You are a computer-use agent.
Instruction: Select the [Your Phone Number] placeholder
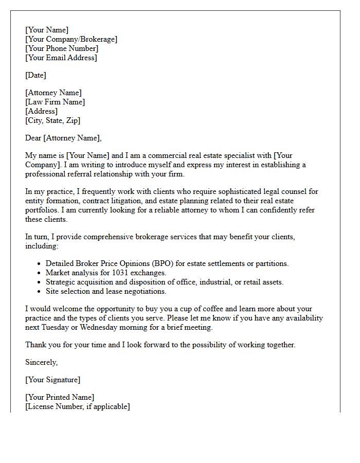(62, 48)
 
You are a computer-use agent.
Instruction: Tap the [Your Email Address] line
(61, 58)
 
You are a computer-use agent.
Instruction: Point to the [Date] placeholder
(35, 75)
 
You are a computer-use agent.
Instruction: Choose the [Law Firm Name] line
(55, 102)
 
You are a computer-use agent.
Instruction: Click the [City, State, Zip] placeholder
(52, 120)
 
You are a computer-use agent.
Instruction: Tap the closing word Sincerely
(41, 362)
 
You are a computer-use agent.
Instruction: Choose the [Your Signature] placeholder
(52, 380)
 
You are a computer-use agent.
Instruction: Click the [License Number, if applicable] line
(77, 406)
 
